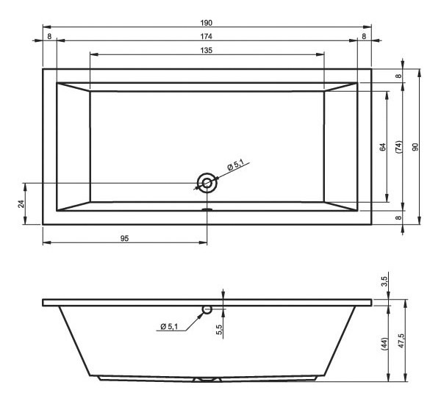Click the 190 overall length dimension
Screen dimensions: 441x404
coord(206,23)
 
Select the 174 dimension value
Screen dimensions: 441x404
coord(206,36)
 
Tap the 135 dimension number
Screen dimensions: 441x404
coord(206,51)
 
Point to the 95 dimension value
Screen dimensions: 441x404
coord(125,239)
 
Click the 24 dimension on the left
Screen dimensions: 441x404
coord(21,203)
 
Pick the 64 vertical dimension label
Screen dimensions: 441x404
coord(383,147)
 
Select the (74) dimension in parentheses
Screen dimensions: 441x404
coord(399,147)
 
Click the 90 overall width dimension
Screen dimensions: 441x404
coord(415,147)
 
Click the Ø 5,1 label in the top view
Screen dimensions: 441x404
coord(235,165)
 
